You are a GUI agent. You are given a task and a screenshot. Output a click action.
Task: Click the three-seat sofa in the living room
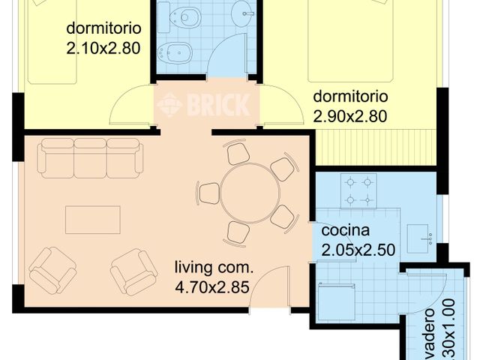(x=90, y=157)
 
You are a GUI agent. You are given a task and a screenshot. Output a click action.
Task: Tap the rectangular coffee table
(x=92, y=220)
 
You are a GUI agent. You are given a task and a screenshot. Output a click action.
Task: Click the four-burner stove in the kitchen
(x=358, y=190)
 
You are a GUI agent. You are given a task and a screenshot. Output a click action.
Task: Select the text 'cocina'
(x=343, y=231)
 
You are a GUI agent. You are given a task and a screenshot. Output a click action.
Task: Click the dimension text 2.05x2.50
(x=358, y=250)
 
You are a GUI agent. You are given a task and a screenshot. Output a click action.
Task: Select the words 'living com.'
(x=214, y=267)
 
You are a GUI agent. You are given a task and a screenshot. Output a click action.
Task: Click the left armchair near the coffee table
(x=52, y=270)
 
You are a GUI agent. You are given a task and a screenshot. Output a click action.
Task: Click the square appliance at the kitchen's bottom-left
(x=334, y=301)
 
